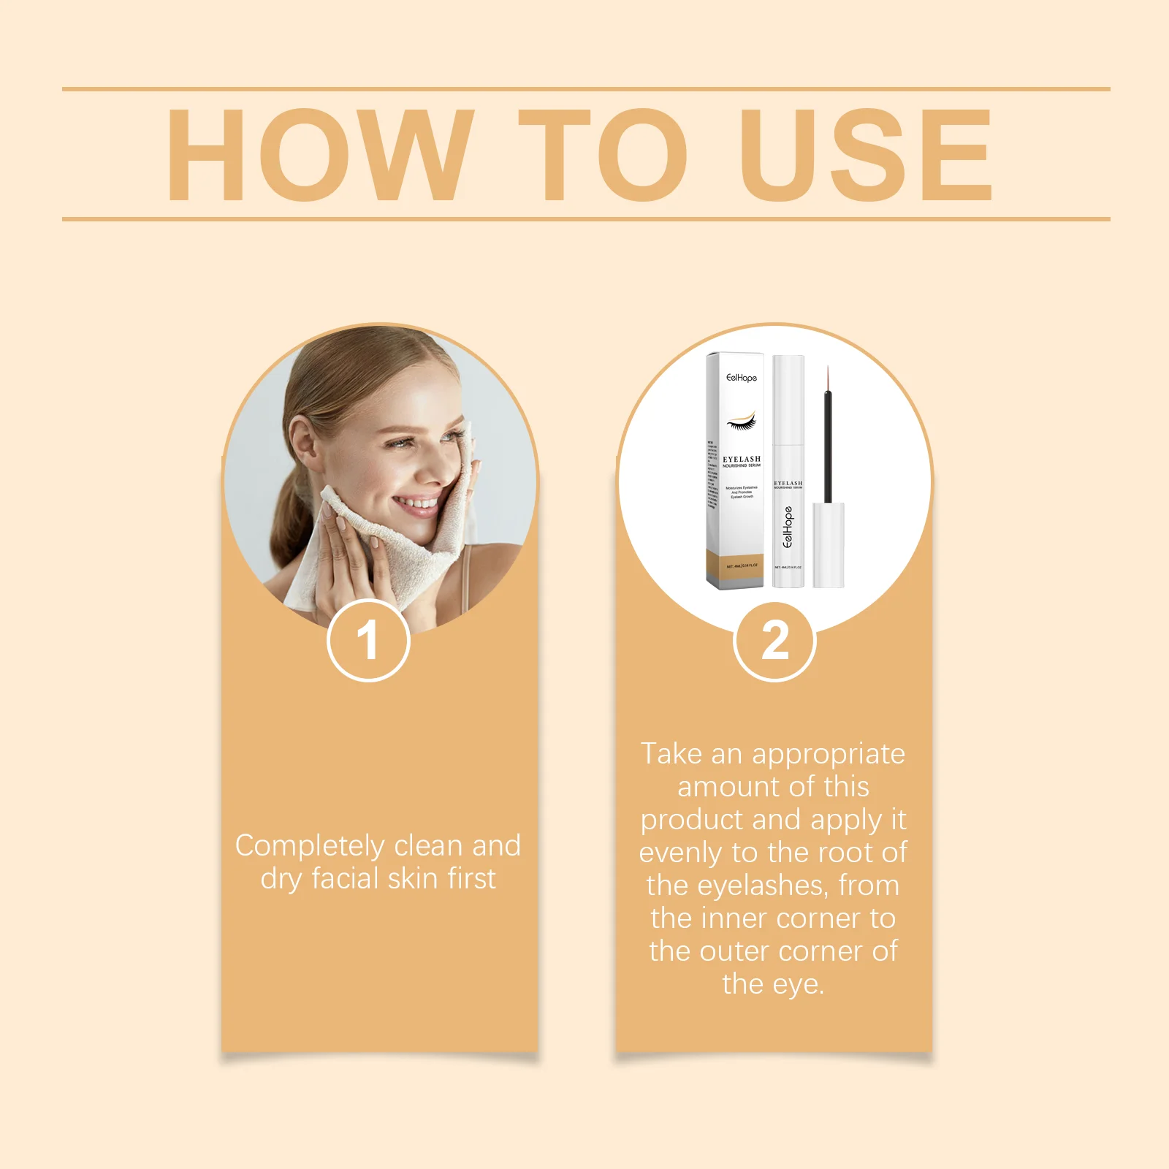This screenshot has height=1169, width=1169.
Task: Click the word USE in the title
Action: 866,155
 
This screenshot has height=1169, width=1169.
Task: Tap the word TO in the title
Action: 602,155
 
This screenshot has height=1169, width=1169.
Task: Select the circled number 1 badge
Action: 368,640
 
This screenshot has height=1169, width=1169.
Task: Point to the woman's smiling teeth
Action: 418,503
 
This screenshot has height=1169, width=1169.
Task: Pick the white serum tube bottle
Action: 788,471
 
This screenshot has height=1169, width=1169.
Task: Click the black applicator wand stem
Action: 828,446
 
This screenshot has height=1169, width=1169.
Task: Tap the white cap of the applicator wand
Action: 829,544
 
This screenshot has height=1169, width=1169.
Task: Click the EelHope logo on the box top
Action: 742,378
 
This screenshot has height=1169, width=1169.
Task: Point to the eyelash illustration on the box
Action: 741,422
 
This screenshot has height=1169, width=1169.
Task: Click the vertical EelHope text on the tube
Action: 788,528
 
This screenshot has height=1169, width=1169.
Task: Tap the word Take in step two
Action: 671,754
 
